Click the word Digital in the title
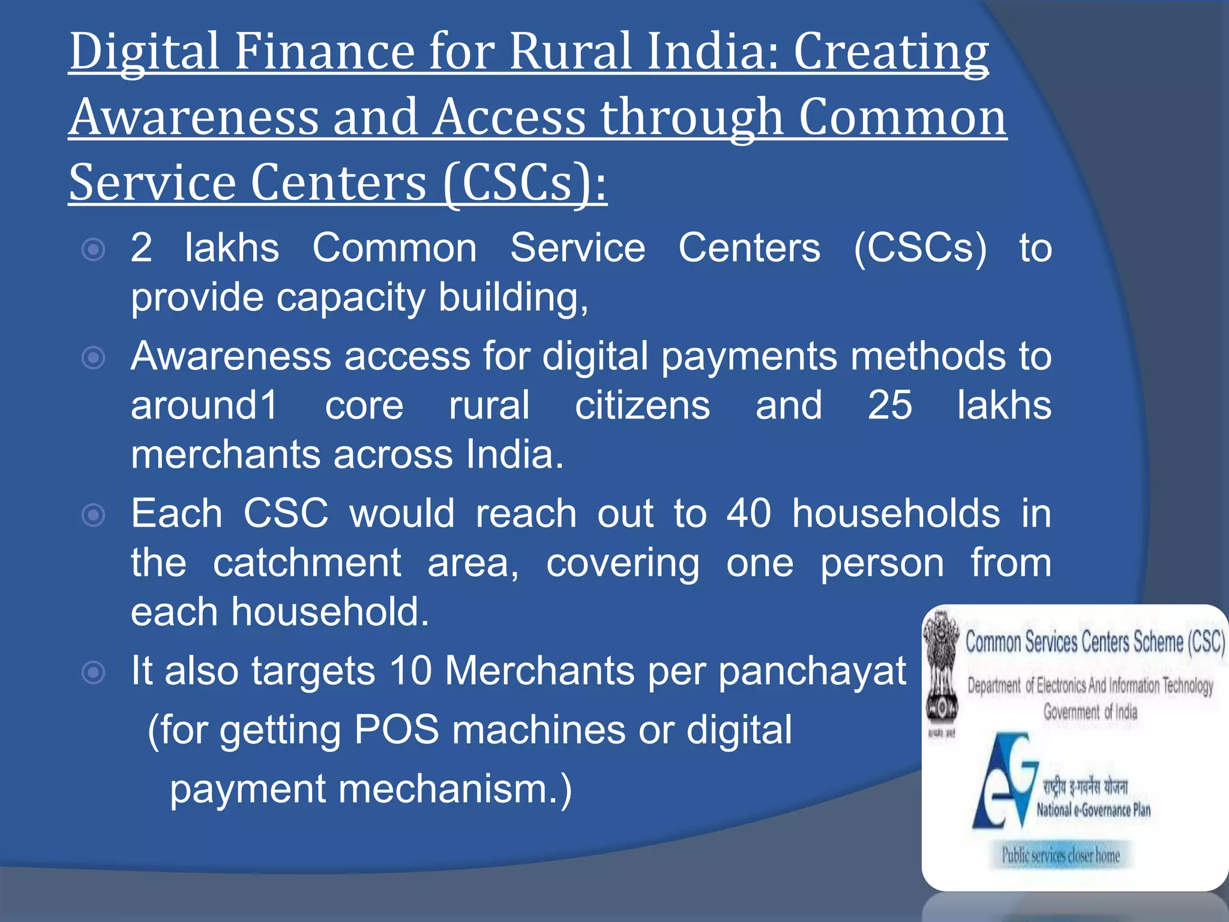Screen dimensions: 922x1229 [144, 53]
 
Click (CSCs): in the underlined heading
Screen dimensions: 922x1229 [525, 182]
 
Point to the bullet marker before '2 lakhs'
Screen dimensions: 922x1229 [94, 249]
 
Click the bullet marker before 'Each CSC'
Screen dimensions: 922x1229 [94, 515]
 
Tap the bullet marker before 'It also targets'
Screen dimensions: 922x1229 [94, 672]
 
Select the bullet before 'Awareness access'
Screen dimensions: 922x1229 [94, 358]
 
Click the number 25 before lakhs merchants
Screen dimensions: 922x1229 [889, 405]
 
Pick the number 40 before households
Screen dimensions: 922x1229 [748, 514]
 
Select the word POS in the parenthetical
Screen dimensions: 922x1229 [396, 731]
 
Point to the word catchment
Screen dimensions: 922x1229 [307, 563]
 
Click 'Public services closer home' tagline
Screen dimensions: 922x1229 [1060, 855]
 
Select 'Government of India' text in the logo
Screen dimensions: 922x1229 [1090, 713]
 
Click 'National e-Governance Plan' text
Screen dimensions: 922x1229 [1093, 810]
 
